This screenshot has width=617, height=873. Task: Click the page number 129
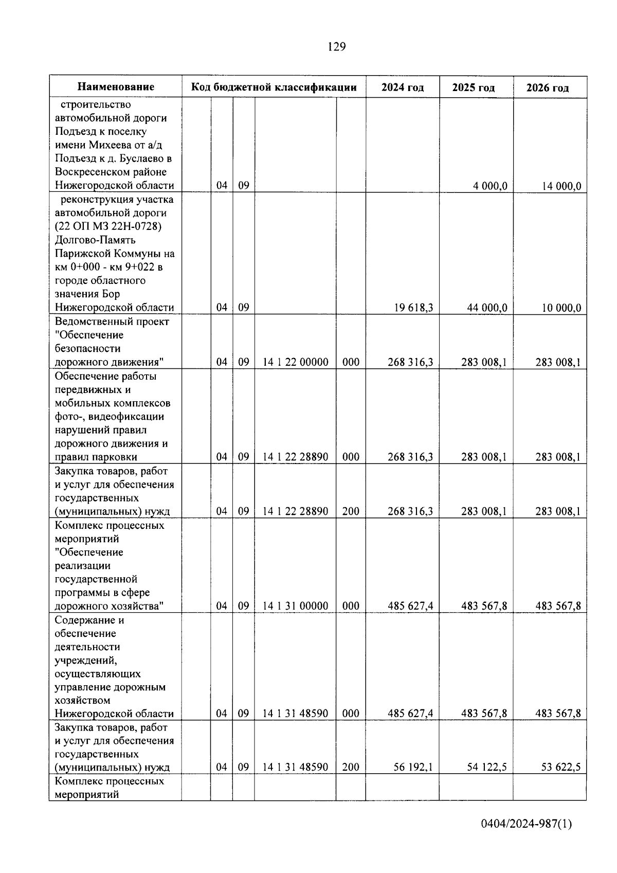[x=337, y=47]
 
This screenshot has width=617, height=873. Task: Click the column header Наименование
[x=116, y=87]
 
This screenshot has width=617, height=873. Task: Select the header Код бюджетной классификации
[x=274, y=87]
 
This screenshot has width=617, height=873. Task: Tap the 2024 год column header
[x=403, y=87]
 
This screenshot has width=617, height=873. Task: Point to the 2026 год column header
[x=548, y=88]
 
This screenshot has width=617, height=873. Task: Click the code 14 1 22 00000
[x=295, y=362]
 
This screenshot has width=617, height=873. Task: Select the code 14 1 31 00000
[x=295, y=606]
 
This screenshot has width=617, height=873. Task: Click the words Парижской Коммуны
[x=115, y=254]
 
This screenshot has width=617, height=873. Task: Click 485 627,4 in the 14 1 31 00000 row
[x=410, y=606]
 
